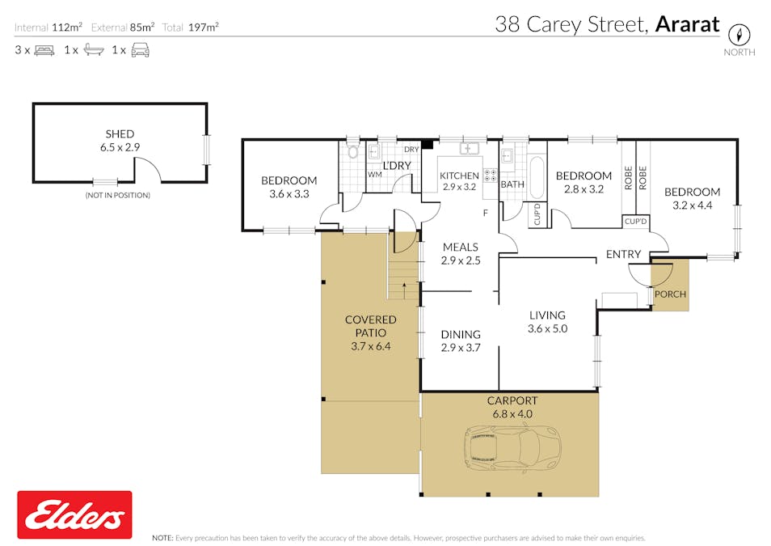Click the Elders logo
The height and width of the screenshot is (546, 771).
74,514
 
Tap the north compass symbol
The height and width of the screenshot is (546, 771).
739,35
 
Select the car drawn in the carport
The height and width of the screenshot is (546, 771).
512,448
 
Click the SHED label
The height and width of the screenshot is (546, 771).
120,134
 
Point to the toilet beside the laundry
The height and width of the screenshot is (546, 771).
352,150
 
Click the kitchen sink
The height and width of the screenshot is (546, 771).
470,148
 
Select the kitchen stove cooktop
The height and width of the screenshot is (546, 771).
491,176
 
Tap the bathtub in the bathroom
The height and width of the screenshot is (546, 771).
537,177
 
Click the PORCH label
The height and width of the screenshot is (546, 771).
670,294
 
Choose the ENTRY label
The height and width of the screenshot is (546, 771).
623,254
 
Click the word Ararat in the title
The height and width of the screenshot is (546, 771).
688,24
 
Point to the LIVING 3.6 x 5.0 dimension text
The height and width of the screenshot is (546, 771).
547,328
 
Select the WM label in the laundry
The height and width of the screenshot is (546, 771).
375,174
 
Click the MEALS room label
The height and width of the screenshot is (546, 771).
461,248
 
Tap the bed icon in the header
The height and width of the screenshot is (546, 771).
44,50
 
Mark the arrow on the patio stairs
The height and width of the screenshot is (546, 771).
404,290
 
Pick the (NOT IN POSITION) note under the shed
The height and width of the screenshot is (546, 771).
118,195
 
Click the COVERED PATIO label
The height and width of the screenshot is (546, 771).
371,326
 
